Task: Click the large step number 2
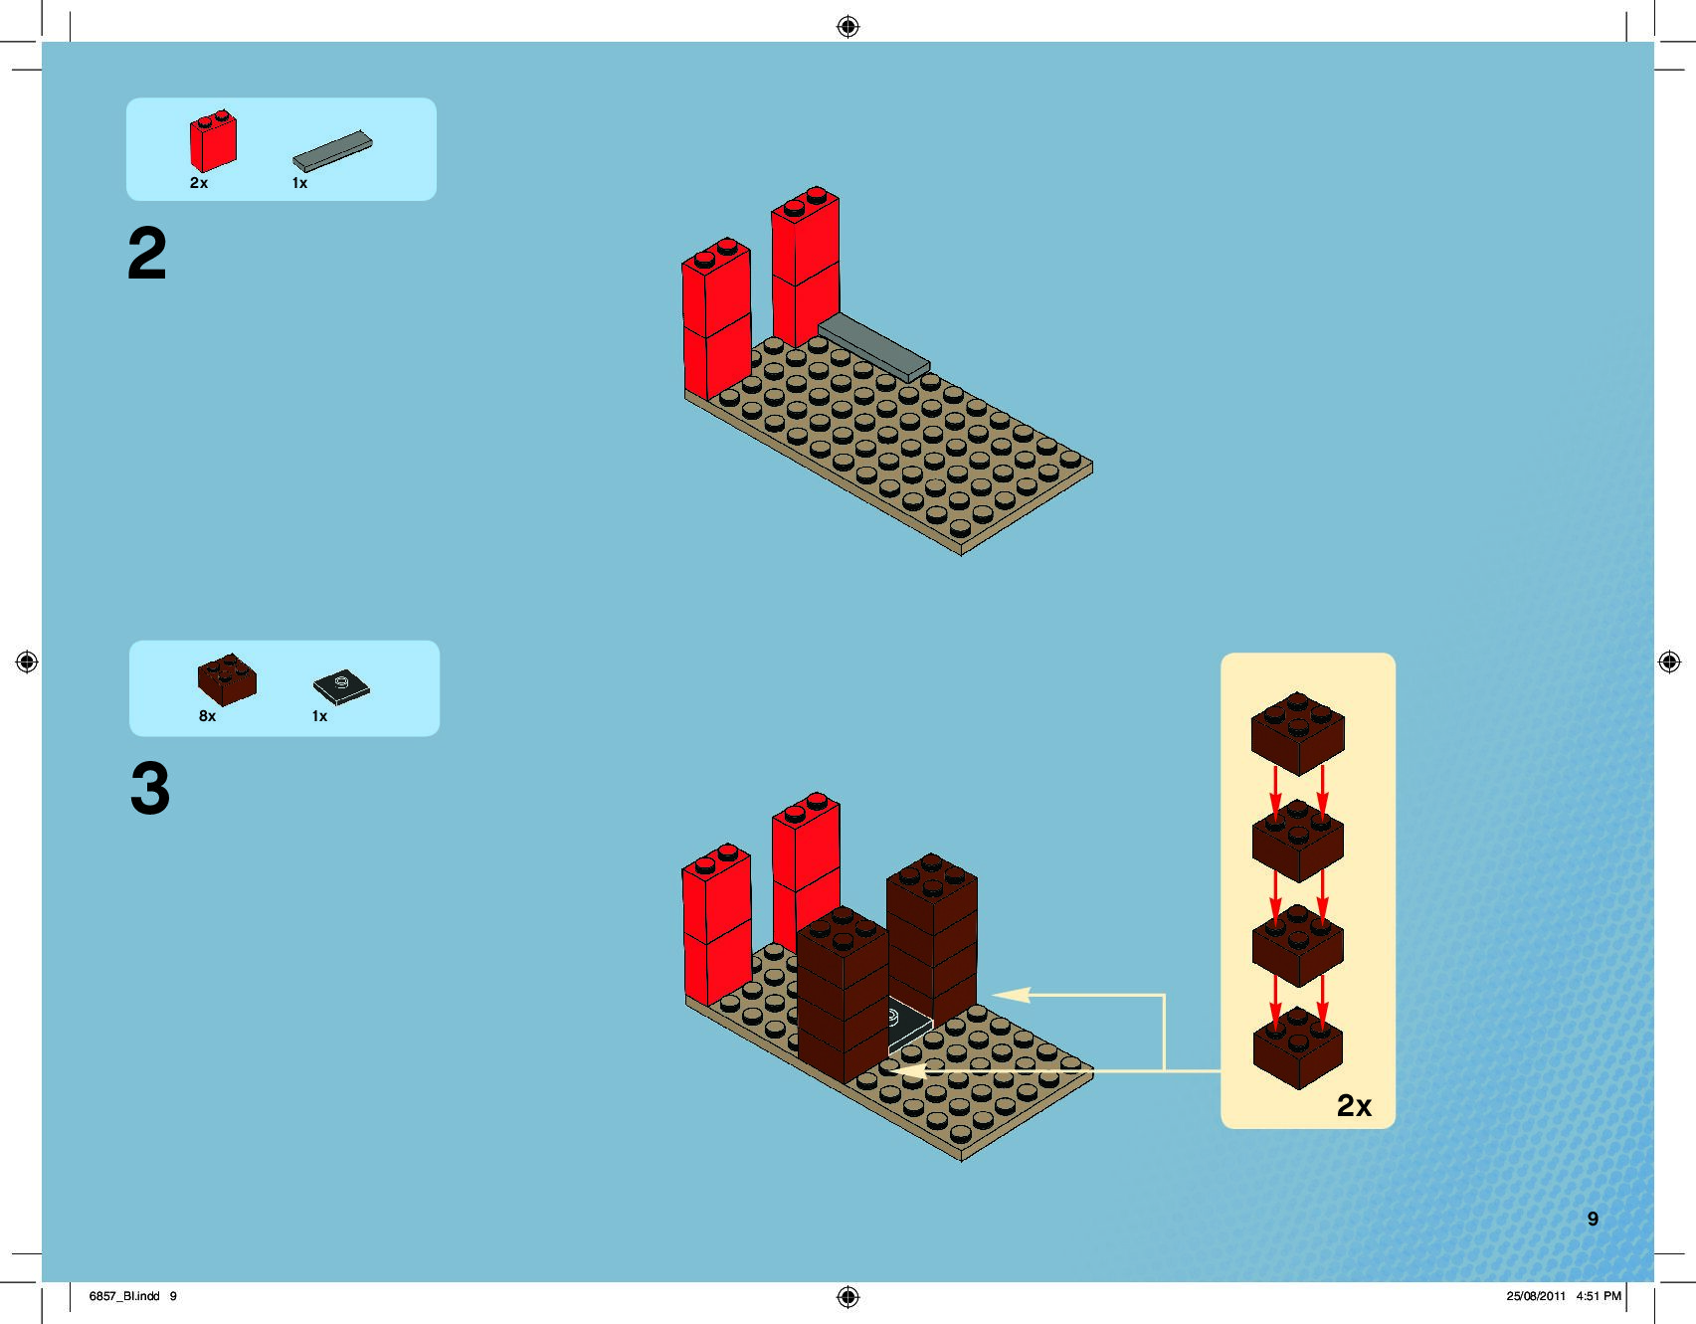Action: pyautogui.click(x=147, y=254)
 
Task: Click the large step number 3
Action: pyautogui.click(x=150, y=789)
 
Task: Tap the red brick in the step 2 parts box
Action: pyautogui.click(x=213, y=141)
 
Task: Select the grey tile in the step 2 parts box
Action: pyautogui.click(x=332, y=151)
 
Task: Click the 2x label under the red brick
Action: pyautogui.click(x=199, y=183)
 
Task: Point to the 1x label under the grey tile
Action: pyautogui.click(x=299, y=183)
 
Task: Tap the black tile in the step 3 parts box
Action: pyautogui.click(x=341, y=686)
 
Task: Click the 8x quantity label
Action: pyautogui.click(x=207, y=716)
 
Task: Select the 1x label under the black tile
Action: pyautogui.click(x=319, y=716)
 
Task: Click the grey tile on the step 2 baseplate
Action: pyautogui.click(x=873, y=346)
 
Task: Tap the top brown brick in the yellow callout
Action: pyautogui.click(x=1297, y=732)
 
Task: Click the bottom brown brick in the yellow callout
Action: pyautogui.click(x=1297, y=1047)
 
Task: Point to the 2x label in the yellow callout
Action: pyautogui.click(x=1354, y=1105)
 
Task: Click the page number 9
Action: pyautogui.click(x=1593, y=1219)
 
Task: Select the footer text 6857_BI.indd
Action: pyautogui.click(x=124, y=1296)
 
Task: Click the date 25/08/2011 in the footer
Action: pyautogui.click(x=1536, y=1296)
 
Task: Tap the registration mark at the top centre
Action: pyautogui.click(x=848, y=27)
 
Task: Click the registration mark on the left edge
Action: pyautogui.click(x=27, y=662)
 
